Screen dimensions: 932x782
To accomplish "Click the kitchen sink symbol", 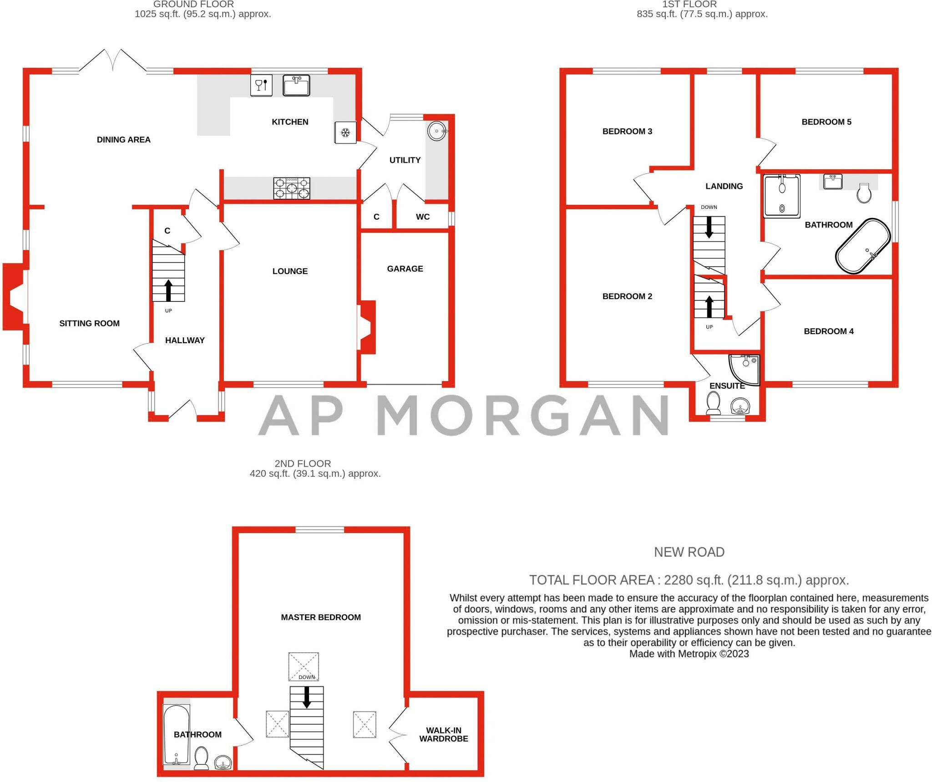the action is coord(296,86).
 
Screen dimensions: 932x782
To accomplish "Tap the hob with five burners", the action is coord(292,188).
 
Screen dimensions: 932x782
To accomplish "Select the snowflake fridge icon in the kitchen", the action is coord(345,132).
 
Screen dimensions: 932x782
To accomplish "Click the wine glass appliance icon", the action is coord(261,85).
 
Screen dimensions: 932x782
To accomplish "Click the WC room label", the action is coord(423,217).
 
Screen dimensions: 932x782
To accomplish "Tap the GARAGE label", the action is coord(405,269).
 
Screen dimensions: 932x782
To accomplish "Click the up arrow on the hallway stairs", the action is coord(168,290).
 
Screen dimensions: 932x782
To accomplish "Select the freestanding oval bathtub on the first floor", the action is coord(862,246).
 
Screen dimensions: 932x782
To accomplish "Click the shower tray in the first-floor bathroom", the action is coord(782,196).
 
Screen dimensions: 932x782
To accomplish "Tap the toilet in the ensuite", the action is coord(714,403).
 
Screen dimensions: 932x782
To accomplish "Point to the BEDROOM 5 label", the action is coord(826,122).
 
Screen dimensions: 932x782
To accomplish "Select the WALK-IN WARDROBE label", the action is coord(444,735).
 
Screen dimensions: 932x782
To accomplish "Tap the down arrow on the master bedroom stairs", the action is coord(307,697).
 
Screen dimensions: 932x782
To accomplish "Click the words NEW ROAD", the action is coord(689,552).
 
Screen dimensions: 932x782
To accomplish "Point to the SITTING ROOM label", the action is coord(90,324).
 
